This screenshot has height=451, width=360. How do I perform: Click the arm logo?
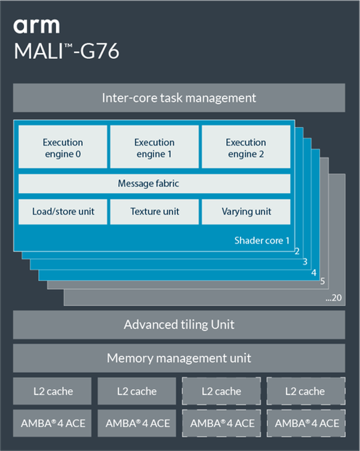pos(36,26)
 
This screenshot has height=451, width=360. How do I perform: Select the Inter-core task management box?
pos(179,98)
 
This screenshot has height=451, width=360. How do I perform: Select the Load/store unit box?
pos(63,212)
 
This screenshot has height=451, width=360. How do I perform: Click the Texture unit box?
pos(154,212)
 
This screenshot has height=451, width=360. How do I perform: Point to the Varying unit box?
pos(246,212)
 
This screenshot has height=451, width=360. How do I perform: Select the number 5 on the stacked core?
pos(322,281)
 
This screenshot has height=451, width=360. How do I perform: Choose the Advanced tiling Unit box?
pos(179,325)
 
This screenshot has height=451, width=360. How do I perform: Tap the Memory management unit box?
pos(179,358)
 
